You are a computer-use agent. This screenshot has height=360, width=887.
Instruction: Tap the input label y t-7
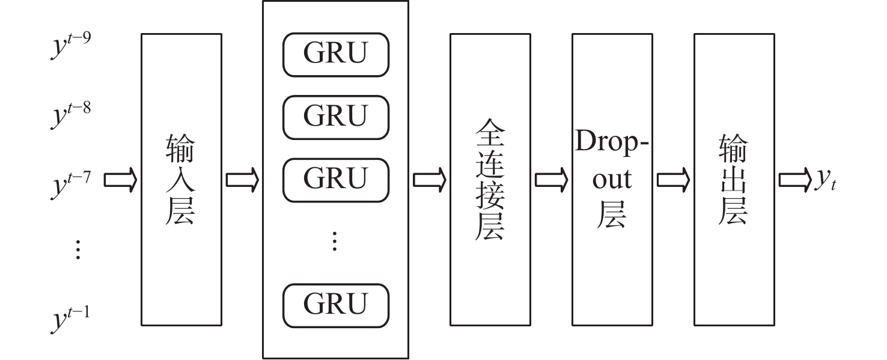pyautogui.click(x=70, y=179)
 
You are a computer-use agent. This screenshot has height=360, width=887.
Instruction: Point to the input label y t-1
pyautogui.click(x=70, y=317)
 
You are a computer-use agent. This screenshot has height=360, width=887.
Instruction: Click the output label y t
pyautogui.click(x=825, y=180)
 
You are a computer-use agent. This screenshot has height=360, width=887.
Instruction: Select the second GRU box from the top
pyautogui.click(x=336, y=116)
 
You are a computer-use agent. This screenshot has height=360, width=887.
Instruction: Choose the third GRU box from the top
pyautogui.click(x=336, y=178)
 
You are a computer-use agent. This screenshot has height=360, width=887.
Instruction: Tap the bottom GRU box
pyautogui.click(x=336, y=305)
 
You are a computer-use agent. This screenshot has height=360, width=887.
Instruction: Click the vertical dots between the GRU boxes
pyautogui.click(x=335, y=242)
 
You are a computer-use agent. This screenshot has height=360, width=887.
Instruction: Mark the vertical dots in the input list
pyautogui.click(x=78, y=249)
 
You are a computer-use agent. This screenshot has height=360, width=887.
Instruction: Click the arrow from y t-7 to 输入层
pyautogui.click(x=121, y=179)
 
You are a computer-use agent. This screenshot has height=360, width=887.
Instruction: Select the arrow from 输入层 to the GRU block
pyautogui.click(x=242, y=179)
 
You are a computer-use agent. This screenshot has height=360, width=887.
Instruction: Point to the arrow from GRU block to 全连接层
pyautogui.click(x=429, y=179)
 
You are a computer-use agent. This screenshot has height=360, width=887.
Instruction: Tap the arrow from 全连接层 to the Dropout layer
pyautogui.click(x=551, y=179)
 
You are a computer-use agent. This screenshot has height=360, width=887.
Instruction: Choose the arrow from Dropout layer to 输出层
pyautogui.click(x=673, y=179)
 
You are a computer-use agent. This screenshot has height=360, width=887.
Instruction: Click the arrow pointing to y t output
pyautogui.click(x=795, y=179)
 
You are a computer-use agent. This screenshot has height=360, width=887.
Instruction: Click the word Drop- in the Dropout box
pyautogui.click(x=612, y=142)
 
